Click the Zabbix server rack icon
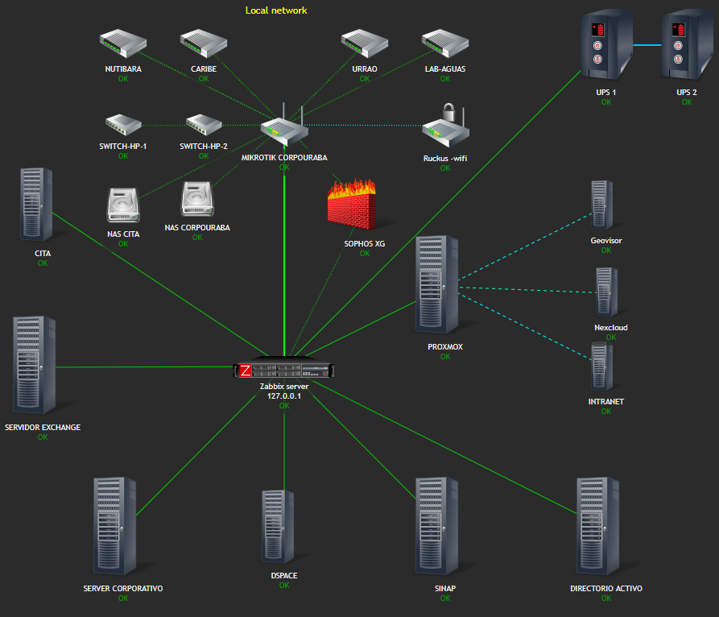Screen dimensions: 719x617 [x=284, y=367]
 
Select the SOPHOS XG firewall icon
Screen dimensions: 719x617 [x=352, y=205]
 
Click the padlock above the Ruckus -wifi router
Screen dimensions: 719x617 [x=448, y=111]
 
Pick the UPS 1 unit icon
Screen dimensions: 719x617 [x=606, y=44]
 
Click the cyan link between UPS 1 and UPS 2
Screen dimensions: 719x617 [x=647, y=45]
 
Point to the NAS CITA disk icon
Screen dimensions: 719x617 [x=123, y=205]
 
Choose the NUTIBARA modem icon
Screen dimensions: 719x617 [x=123, y=43]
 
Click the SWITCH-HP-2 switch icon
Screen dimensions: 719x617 [x=204, y=125]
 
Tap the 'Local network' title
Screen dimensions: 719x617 [x=276, y=10]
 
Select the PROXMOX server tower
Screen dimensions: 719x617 [x=436, y=284]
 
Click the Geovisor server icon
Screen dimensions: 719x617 [x=601, y=205]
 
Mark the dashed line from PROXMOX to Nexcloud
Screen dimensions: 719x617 [x=527, y=290]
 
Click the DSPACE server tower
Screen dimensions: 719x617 [x=278, y=526]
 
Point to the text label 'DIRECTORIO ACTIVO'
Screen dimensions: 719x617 [x=606, y=588]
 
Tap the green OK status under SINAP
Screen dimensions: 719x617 [x=445, y=598]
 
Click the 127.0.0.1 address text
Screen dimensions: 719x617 [x=284, y=395]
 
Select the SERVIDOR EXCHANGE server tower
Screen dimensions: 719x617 [x=35, y=365]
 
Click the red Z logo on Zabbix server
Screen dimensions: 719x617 [x=246, y=371]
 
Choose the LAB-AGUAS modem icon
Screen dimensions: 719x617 [x=445, y=43]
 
